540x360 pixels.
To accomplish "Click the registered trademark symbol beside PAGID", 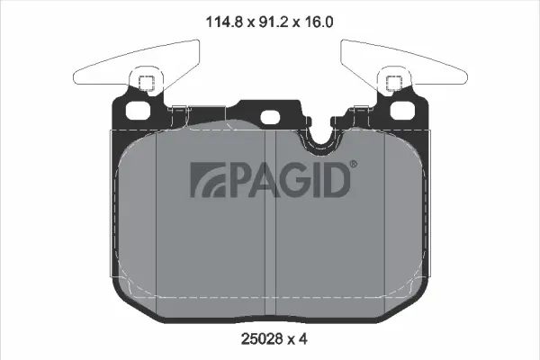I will pyautogui.click(x=353, y=164).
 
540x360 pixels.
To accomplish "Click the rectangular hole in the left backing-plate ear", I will pyautogui.click(x=139, y=111).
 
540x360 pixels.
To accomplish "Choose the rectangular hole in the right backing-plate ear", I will pyautogui.click(x=401, y=111).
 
